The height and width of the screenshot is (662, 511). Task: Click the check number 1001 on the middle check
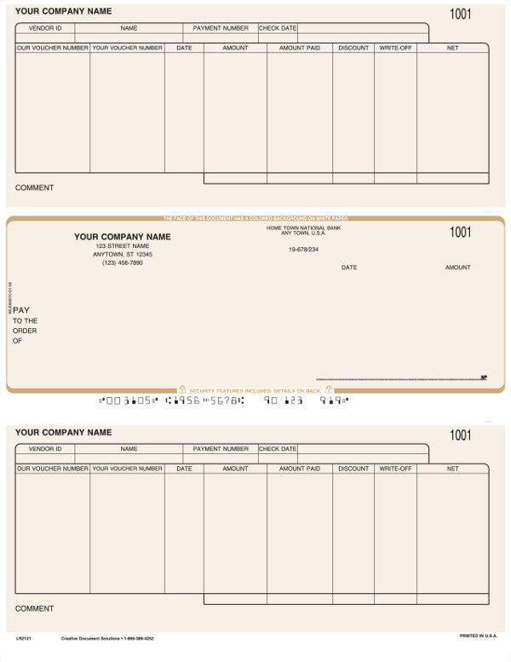coord(460,232)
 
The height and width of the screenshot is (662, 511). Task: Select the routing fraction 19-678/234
coord(303,250)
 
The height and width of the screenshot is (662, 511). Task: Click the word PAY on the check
coord(21,311)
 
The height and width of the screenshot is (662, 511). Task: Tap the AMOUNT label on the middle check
coord(457,268)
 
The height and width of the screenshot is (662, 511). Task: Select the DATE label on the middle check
coord(349,268)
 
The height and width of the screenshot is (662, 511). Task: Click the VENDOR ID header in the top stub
coord(45,28)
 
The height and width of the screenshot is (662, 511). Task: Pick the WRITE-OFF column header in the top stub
coord(395,48)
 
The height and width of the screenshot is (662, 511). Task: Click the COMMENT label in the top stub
coord(34,187)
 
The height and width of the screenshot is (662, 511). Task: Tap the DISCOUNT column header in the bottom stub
coord(353,469)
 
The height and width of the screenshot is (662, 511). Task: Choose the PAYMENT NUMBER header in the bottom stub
coord(221,449)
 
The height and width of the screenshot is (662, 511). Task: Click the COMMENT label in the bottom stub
coord(34,608)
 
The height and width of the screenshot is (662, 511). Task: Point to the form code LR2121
coord(23,637)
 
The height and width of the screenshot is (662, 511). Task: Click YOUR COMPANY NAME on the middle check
coord(123,237)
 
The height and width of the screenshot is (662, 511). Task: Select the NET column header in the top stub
coord(452,48)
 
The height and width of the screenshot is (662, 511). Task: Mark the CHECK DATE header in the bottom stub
coord(278,449)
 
